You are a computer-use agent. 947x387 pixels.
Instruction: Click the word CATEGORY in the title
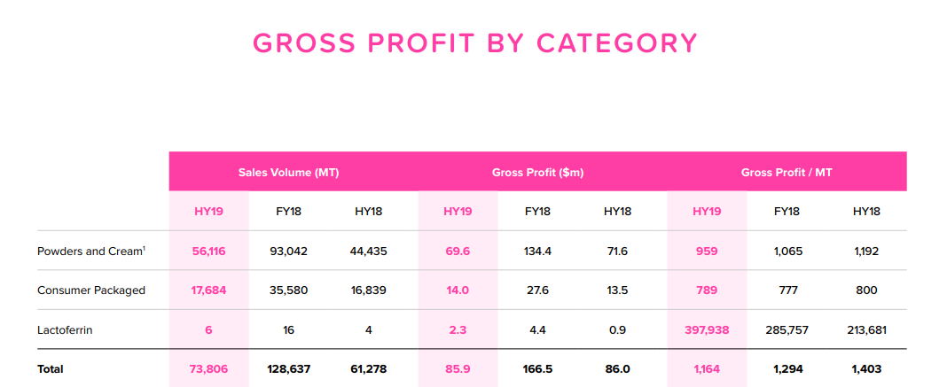617,43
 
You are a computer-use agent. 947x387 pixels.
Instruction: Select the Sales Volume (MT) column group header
289,173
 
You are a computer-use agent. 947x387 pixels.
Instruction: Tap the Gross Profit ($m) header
537,173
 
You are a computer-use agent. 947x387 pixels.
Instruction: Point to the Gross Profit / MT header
787,173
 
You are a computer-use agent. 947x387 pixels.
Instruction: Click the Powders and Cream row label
91,251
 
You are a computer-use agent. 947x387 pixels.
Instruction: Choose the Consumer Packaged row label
91,290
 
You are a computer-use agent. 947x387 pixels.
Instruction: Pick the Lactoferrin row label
65,329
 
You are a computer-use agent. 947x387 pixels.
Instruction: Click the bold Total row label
51,369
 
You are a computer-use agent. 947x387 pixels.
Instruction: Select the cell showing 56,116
208,251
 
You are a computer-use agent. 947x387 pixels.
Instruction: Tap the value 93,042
289,251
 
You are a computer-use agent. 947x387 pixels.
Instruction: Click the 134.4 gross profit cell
537,251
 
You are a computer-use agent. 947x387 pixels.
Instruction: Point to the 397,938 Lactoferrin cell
707,329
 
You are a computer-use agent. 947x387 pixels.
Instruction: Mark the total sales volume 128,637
289,369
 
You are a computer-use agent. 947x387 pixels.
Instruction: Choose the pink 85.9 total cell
458,369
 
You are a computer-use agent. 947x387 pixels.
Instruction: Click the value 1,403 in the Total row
866,369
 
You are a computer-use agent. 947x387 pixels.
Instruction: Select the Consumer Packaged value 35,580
289,290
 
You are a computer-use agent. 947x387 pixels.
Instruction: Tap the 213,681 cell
866,329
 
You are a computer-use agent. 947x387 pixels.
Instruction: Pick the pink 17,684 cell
208,290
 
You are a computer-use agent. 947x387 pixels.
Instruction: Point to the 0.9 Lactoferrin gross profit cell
617,329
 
